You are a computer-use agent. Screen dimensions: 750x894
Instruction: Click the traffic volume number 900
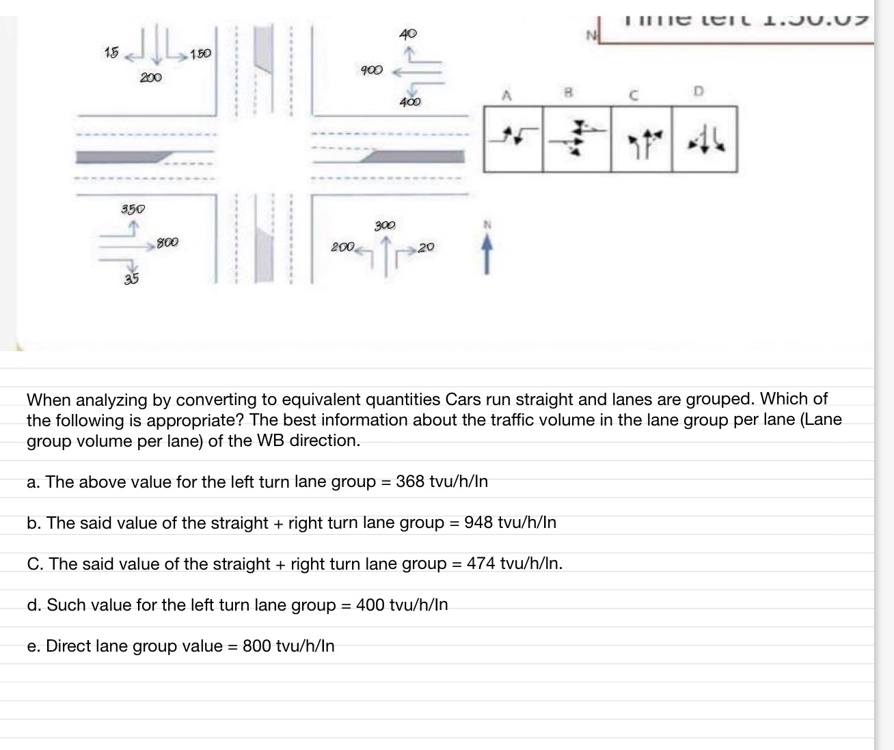371,70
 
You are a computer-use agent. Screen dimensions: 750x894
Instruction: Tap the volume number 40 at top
408,33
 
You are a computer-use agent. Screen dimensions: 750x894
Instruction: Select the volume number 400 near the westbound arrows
410,102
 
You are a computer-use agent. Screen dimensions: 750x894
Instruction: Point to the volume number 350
133,208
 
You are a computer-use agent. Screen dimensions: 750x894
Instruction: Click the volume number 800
167,242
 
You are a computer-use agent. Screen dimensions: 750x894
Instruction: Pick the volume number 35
131,278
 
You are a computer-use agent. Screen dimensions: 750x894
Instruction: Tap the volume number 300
385,225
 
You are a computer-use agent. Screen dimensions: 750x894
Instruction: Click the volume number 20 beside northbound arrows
426,247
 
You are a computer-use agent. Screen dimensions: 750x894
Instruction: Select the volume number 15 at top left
111,52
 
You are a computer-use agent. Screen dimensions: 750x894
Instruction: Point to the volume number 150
200,53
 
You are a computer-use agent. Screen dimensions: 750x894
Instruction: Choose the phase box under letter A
513,138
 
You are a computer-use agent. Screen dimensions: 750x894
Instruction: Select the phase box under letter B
576,138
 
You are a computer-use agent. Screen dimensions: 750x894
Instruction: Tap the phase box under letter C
640,138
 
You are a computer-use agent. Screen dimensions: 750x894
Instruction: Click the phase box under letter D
704,138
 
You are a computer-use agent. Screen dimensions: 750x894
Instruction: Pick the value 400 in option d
370,605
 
